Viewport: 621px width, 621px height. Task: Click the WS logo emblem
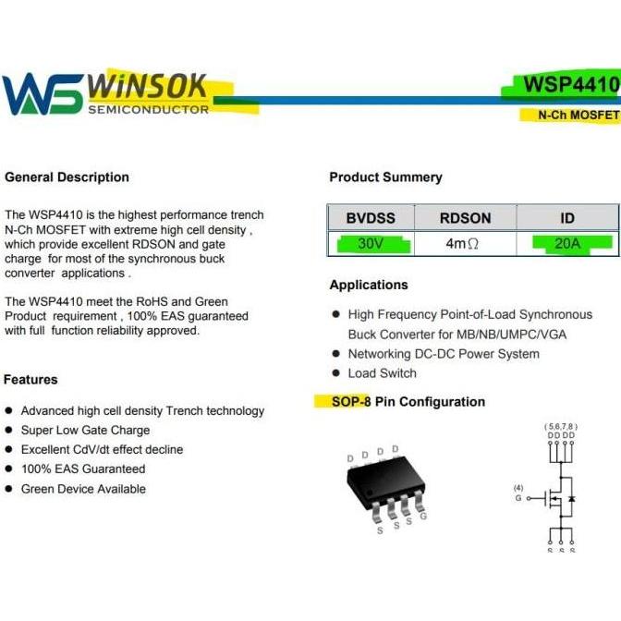click(x=42, y=94)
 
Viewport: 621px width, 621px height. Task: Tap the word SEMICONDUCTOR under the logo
click(x=148, y=110)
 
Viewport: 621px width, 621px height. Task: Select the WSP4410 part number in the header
click(x=570, y=85)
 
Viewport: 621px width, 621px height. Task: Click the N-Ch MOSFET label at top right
click(x=578, y=116)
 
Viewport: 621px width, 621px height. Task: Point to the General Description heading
click(x=67, y=177)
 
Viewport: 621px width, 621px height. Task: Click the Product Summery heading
click(x=385, y=177)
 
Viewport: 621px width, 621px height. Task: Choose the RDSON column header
click(x=465, y=218)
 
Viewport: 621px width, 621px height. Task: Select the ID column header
click(x=567, y=218)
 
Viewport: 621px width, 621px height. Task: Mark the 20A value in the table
click(x=567, y=244)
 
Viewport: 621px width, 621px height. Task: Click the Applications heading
click(x=369, y=285)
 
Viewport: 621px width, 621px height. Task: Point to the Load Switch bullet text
click(x=382, y=373)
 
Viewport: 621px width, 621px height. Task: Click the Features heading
click(x=30, y=380)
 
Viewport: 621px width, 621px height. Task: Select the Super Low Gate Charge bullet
click(x=85, y=431)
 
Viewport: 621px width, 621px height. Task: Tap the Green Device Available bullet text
click(x=83, y=489)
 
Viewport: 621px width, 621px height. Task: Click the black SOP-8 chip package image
click(x=385, y=487)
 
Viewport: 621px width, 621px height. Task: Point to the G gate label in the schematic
click(x=519, y=497)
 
